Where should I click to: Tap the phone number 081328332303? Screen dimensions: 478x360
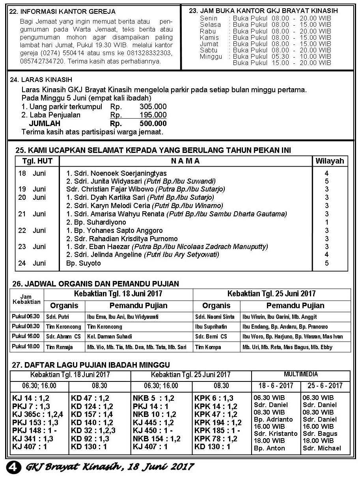[x=151, y=53]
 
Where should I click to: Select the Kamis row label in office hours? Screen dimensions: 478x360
[x=209, y=37]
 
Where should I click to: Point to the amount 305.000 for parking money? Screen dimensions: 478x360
[x=153, y=107]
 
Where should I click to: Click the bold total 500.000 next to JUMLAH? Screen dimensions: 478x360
[x=153, y=123]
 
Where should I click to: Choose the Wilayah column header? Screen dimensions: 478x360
[x=330, y=161]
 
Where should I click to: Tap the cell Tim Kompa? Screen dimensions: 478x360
[x=208, y=347]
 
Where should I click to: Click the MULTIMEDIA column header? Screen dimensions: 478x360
[x=301, y=374]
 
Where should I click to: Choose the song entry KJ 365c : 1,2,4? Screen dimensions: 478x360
[x=38, y=415]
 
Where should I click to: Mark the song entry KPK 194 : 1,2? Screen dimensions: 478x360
[x=218, y=423]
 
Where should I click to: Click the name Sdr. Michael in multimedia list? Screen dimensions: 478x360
[x=322, y=448]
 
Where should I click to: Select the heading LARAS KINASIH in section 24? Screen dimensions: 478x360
[x=41, y=80]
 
